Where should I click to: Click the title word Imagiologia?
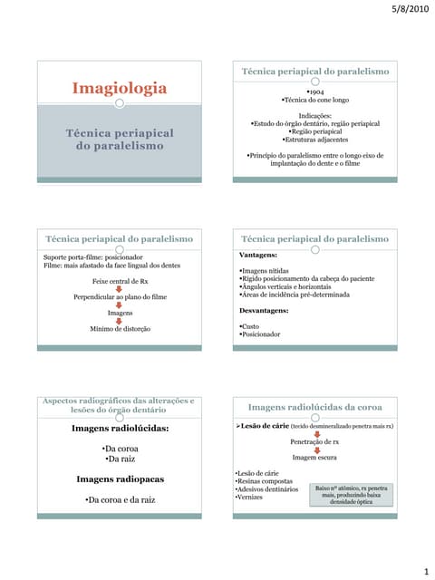(x=120, y=88)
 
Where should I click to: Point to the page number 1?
(x=424, y=571)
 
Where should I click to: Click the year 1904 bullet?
(x=314, y=92)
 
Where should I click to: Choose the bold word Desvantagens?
(x=264, y=310)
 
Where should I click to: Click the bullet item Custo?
(x=251, y=325)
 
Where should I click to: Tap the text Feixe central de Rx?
(x=120, y=281)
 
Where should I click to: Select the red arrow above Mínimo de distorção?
(x=120, y=320)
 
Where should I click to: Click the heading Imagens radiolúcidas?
(x=120, y=428)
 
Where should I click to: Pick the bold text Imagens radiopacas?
(x=120, y=478)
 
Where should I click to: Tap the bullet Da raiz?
(x=120, y=459)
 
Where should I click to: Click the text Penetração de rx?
(x=314, y=441)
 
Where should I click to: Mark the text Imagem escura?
(x=314, y=458)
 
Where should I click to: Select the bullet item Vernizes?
(x=250, y=498)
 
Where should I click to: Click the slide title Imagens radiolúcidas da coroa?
(x=314, y=408)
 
